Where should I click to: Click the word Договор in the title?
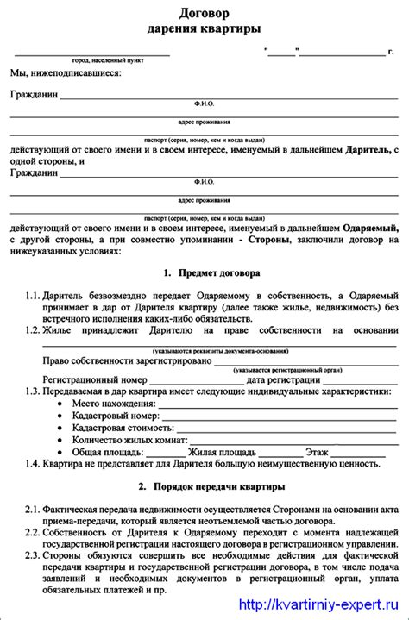click(x=204, y=14)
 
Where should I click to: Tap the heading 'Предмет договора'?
click(x=211, y=273)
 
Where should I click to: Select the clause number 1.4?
click(x=32, y=464)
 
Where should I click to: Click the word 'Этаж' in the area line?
click(x=318, y=452)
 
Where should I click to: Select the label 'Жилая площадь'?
click(x=221, y=452)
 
